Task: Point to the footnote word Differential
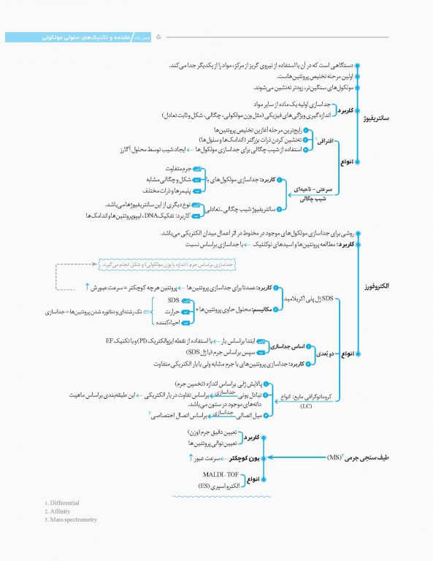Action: tap(64, 503)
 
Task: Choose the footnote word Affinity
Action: tap(60, 511)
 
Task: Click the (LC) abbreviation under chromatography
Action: tap(292, 408)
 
